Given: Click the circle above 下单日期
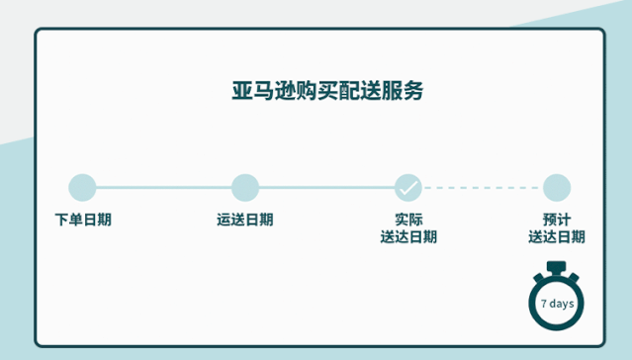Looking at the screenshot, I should coord(82,187).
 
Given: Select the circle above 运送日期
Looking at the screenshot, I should coord(244,187).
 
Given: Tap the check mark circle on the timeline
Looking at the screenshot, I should coord(407,187).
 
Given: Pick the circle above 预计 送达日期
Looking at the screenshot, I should coord(556,187).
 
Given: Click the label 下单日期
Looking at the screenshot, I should coord(82,220).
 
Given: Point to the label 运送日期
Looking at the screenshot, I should coord(244,220).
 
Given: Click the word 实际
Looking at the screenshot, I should coord(407,220).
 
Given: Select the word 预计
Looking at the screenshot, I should coord(556,220).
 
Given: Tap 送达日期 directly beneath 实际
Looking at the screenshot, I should coord(407,237).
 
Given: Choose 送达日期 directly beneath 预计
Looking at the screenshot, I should coord(556,237).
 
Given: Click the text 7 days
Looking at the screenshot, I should coord(557,303).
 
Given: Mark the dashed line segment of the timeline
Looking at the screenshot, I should coord(482,187).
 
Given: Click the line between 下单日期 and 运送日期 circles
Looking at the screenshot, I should coord(163,187).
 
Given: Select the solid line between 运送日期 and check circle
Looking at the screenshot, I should coord(326,187).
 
